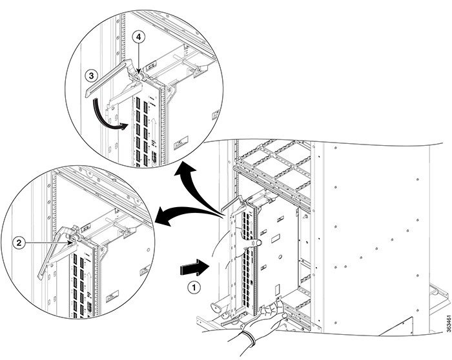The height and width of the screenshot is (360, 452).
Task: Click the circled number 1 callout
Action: tap(194, 288)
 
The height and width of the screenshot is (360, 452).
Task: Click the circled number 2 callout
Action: tap(19, 243)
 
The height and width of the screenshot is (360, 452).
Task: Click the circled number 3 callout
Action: tap(92, 75)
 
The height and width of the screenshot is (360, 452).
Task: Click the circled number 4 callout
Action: tap(139, 37)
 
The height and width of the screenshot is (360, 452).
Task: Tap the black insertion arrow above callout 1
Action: tap(194, 268)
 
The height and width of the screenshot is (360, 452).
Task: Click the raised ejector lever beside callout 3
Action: tap(108, 76)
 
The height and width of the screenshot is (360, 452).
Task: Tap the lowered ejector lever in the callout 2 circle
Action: tap(55, 251)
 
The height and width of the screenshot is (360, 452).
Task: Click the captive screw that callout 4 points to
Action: tap(138, 77)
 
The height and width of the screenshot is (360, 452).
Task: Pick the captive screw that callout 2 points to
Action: tap(74, 238)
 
